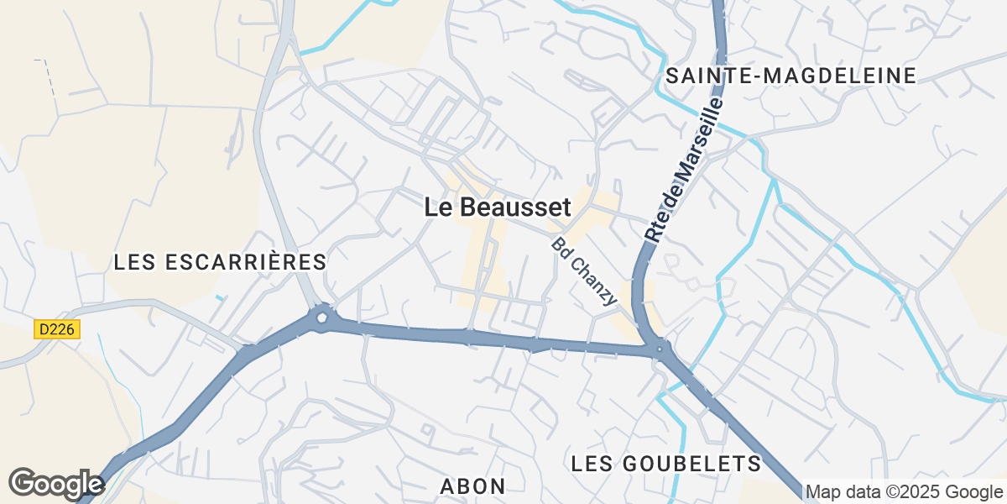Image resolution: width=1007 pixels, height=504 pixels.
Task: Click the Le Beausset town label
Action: click(498, 207)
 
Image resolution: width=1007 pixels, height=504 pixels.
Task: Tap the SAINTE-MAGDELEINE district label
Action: click(790, 76)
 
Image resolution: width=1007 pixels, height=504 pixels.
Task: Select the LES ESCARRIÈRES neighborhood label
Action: click(220, 262)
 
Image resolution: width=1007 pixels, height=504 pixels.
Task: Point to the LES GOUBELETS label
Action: click(665, 463)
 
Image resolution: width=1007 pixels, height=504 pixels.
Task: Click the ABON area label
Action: click(473, 486)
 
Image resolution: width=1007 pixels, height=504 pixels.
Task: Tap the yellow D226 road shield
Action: click(57, 329)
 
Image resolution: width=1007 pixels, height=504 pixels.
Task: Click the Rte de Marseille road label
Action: click(684, 171)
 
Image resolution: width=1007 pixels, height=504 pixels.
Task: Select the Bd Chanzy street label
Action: click(585, 271)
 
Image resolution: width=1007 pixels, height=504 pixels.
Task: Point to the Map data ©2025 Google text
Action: click(904, 491)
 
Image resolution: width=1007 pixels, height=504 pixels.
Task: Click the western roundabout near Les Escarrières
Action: click(321, 318)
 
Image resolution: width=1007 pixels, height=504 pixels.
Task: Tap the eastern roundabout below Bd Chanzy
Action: click(660, 349)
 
